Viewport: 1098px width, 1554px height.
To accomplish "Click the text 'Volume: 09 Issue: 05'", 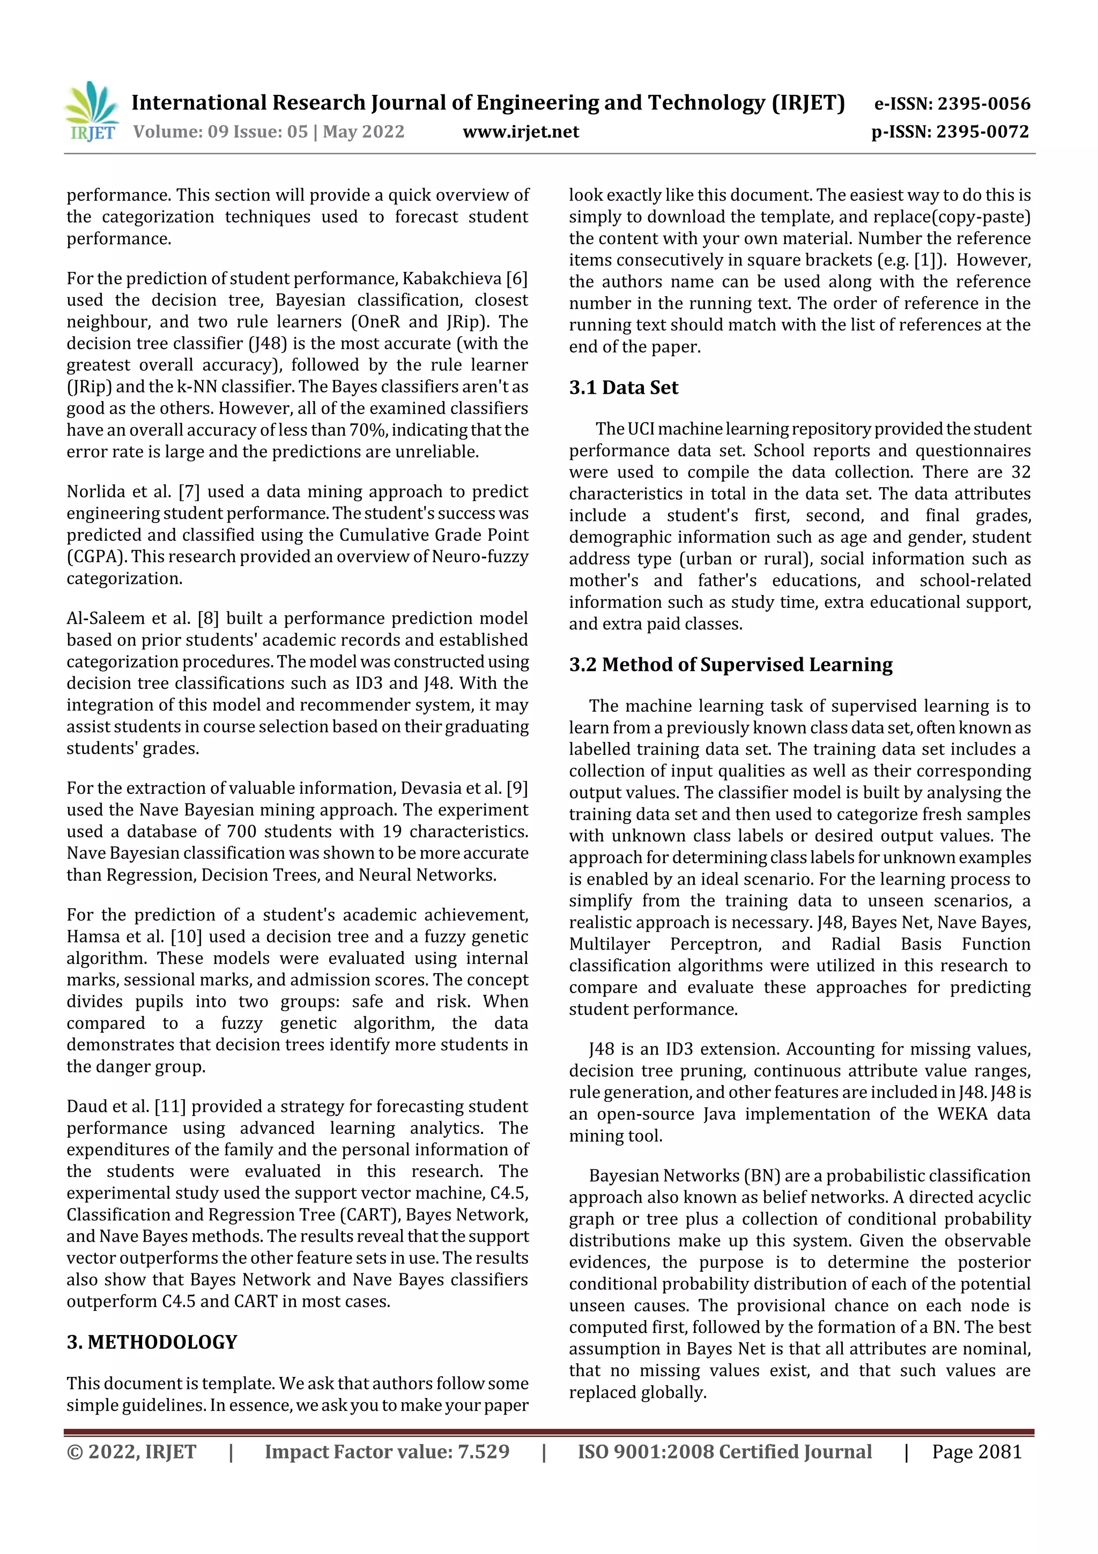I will pos(220,131).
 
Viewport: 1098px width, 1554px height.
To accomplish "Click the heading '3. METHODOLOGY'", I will pos(152,1342).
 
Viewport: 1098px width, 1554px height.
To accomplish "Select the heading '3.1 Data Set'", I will pos(623,387).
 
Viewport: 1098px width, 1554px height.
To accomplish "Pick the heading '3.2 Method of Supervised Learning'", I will pos(730,665).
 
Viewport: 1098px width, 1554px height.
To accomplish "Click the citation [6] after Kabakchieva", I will pos(516,278).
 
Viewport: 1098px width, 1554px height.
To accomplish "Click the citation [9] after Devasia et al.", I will pos(516,788).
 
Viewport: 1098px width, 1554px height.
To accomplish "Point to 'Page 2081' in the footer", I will pos(976,1451).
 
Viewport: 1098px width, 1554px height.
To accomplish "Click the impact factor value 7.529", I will pos(483,1451).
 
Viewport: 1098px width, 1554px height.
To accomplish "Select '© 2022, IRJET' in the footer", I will pos(131,1451).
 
